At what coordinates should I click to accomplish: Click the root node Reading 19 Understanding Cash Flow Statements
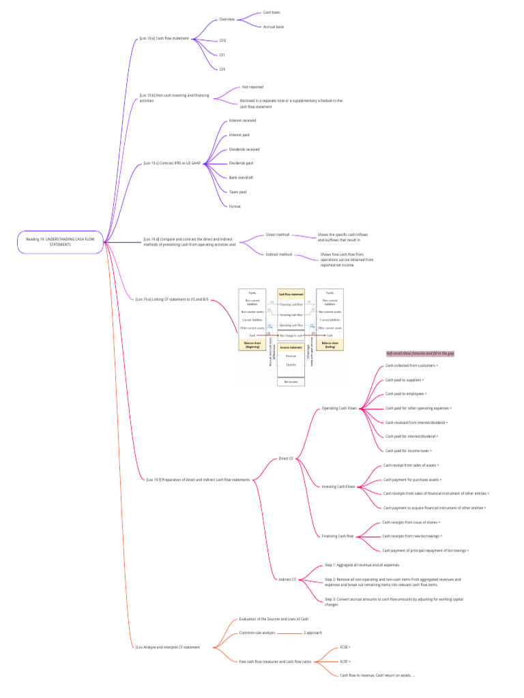(x=60, y=242)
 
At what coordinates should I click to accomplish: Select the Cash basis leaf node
(x=272, y=12)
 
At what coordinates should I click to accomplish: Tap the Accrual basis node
(x=273, y=27)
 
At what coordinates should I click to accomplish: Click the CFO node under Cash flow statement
(x=222, y=41)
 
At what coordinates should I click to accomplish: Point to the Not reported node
(x=252, y=87)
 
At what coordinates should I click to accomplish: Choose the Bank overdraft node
(x=241, y=177)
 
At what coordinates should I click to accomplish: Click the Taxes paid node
(x=237, y=192)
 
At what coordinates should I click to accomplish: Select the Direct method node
(x=278, y=234)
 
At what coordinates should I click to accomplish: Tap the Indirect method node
(x=278, y=254)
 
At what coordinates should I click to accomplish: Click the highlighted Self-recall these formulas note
(x=420, y=354)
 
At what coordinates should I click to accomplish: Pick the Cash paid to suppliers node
(x=405, y=380)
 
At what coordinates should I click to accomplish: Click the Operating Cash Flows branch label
(x=339, y=408)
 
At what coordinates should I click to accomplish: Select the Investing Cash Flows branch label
(x=338, y=487)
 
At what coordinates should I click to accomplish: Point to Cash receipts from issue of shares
(x=411, y=522)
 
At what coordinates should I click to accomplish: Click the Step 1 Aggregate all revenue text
(x=362, y=565)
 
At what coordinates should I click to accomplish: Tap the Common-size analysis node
(x=257, y=633)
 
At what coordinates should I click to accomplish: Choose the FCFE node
(x=345, y=647)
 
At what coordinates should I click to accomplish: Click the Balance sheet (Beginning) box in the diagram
(x=252, y=344)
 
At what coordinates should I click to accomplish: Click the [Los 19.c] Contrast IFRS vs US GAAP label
(x=171, y=164)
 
